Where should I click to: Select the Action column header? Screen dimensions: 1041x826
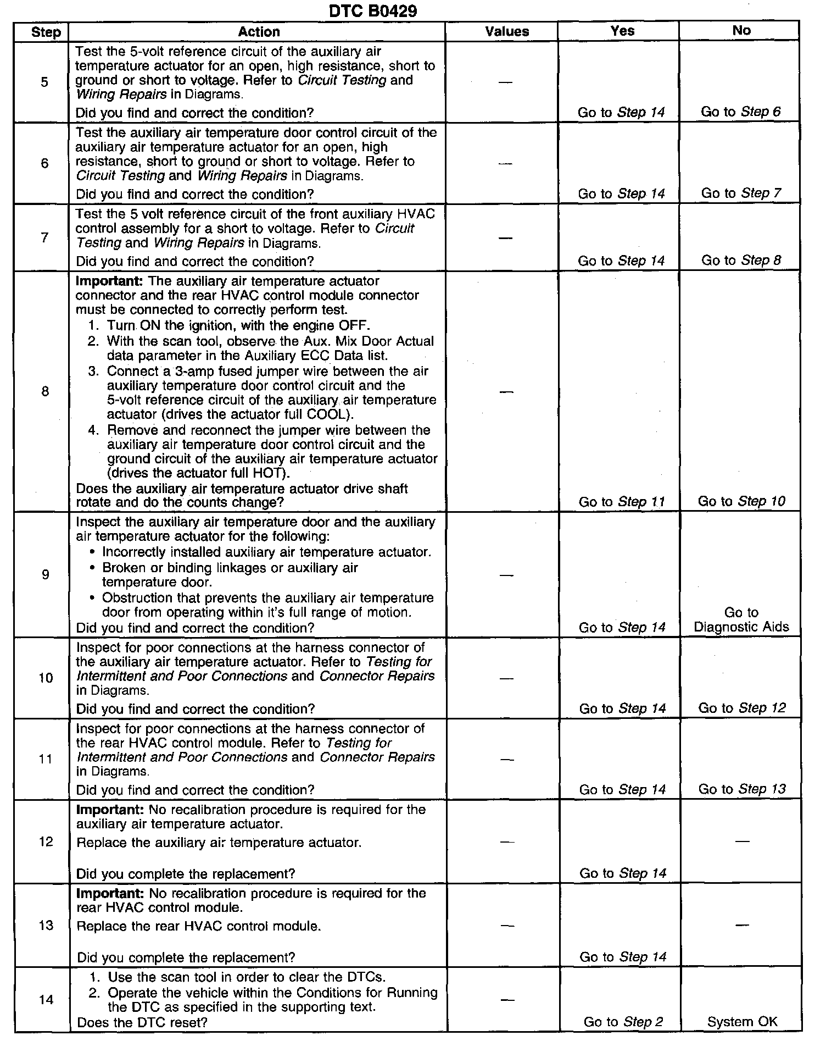(259, 32)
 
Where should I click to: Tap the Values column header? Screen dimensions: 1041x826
(507, 32)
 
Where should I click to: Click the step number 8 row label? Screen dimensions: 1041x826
(45, 391)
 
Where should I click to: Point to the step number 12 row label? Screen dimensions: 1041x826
(46, 841)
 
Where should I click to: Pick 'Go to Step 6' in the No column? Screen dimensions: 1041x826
(740, 112)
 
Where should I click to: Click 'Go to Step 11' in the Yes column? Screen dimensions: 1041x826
(622, 502)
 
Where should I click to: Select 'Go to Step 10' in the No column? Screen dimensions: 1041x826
(741, 501)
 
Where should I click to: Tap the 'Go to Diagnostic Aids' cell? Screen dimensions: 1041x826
(741, 619)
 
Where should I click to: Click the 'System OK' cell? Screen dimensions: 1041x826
(742, 1022)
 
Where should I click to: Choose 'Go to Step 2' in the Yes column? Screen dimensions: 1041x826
(623, 1022)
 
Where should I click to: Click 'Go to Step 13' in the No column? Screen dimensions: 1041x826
(742, 789)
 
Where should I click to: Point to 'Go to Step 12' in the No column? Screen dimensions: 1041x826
(742, 708)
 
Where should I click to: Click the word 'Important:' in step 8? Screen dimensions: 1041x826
(109, 281)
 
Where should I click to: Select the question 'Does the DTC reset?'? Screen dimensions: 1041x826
(142, 1022)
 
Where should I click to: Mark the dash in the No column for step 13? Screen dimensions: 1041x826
(741, 926)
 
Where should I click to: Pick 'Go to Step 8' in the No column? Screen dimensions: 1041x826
(741, 261)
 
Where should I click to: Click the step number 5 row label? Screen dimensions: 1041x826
(44, 82)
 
